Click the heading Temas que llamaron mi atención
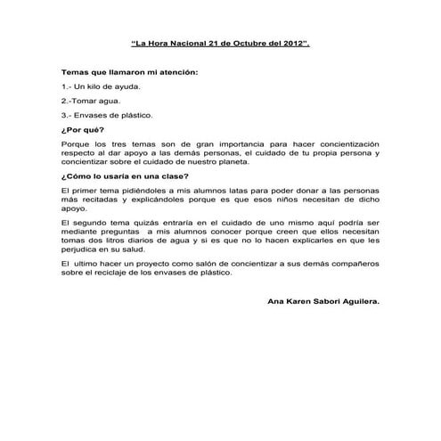129,71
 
